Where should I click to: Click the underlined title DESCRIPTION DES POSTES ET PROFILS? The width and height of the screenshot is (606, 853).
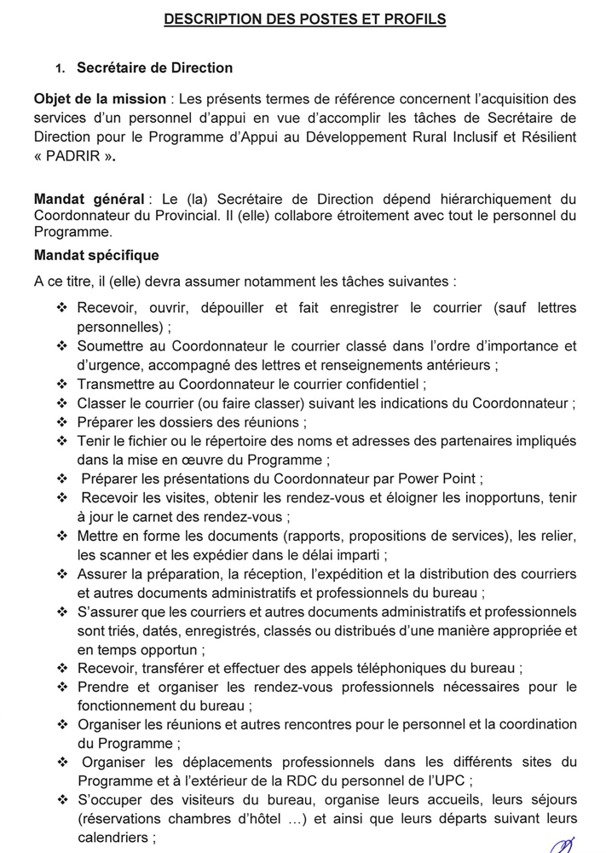tap(304, 19)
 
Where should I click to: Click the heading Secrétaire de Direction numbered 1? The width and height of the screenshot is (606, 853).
tap(154, 68)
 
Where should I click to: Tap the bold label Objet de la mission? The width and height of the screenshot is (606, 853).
tap(87, 99)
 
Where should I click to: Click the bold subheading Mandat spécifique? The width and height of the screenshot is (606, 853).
tap(96, 255)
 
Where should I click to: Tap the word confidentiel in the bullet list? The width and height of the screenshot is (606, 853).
tap(378, 384)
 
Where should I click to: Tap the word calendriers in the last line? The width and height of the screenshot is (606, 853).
tap(111, 837)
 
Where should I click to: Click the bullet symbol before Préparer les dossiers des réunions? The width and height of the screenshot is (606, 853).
tap(61, 422)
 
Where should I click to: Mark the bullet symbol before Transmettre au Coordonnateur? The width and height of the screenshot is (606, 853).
tap(61, 384)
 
